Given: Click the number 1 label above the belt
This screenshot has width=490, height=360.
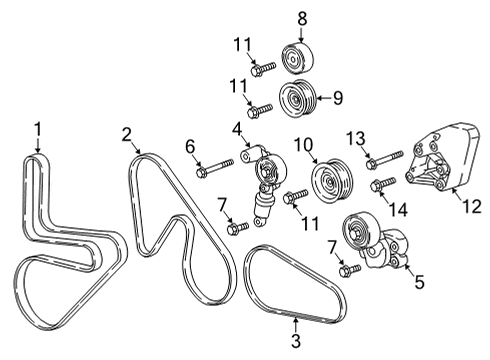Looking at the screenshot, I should tap(37, 128).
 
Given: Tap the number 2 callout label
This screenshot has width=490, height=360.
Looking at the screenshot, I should tap(127, 135).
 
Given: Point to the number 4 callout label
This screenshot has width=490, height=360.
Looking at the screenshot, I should tap(237, 130).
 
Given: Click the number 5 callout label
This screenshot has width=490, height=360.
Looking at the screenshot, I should tap(419, 283).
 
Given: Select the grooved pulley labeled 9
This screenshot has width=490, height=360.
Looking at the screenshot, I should tap(299, 99).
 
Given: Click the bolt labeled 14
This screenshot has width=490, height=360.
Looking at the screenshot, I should tap(383, 185).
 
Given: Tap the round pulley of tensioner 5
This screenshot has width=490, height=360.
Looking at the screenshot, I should tap(357, 237).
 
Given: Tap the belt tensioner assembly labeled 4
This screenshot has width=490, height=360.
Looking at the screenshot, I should tap(265, 180).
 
